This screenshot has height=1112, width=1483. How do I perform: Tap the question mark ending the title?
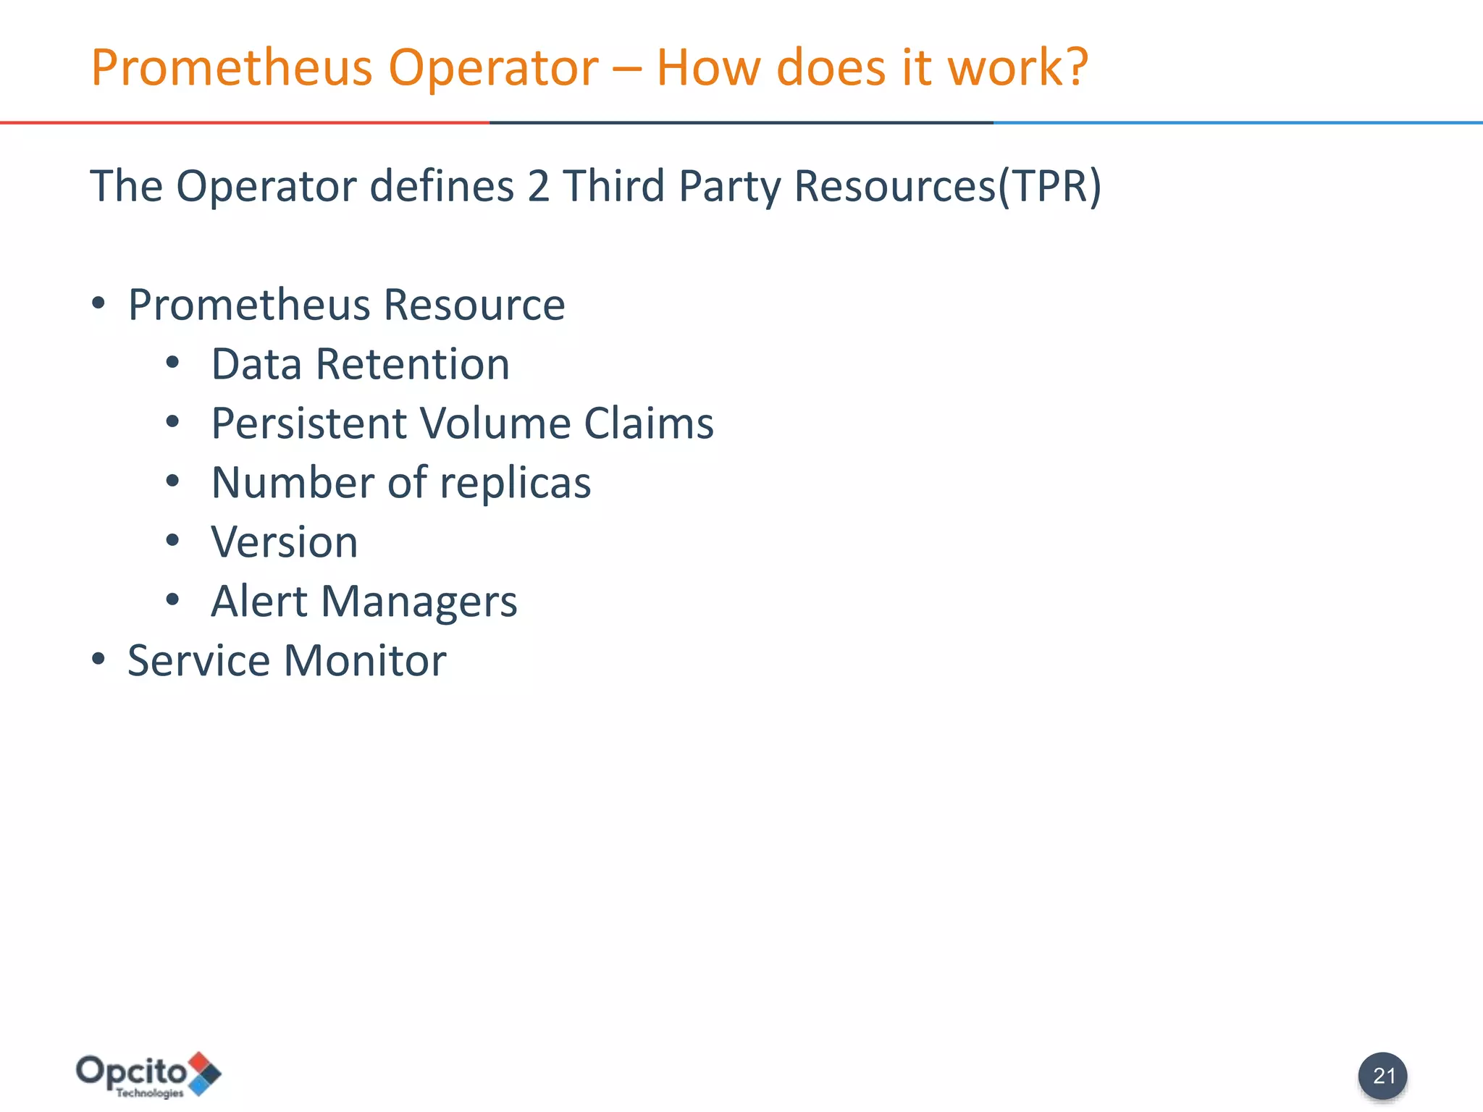(1075, 67)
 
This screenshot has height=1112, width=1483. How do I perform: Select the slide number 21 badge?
(1383, 1076)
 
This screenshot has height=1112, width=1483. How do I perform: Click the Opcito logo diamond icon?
(204, 1073)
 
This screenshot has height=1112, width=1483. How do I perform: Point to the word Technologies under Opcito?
(150, 1093)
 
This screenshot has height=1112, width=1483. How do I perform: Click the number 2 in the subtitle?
(538, 186)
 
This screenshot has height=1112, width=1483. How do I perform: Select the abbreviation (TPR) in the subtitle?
(1050, 186)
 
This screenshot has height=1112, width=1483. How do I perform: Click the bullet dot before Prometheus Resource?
(98, 303)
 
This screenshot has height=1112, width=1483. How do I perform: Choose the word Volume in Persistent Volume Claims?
(495, 423)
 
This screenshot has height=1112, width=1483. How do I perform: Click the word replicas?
(515, 483)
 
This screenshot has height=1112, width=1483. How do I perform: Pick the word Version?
(285, 542)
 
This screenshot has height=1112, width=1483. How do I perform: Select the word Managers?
(419, 602)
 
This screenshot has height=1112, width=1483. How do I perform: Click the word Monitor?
(365, 660)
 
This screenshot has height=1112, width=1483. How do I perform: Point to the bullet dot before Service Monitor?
(98, 660)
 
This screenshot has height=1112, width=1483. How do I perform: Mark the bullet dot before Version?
(172, 540)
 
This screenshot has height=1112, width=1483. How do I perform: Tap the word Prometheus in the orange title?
(232, 67)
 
